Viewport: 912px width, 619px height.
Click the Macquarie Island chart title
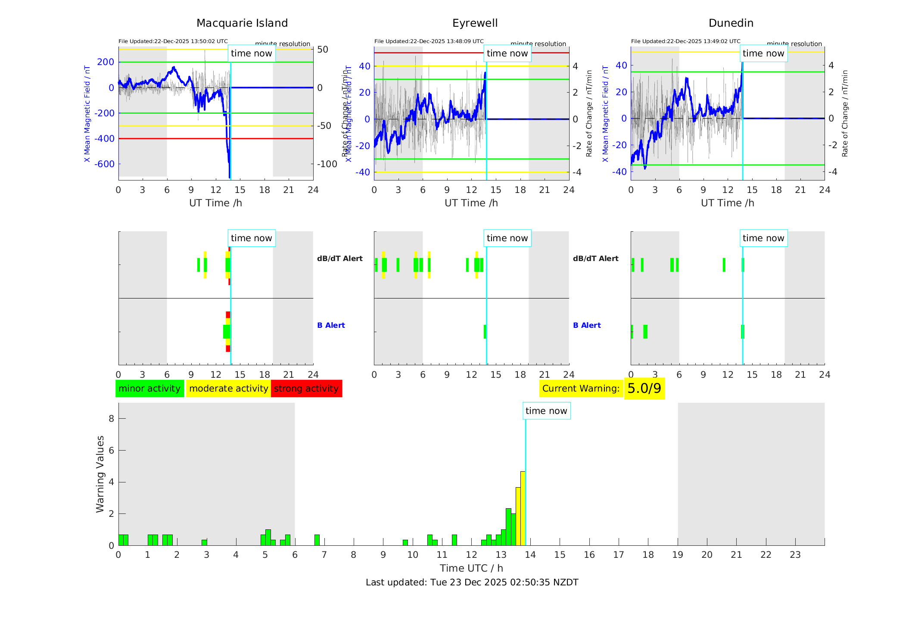click(x=242, y=23)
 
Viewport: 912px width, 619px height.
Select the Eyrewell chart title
click(x=475, y=23)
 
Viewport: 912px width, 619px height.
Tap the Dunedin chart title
click(x=731, y=23)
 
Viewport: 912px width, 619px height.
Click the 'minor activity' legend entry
click(x=149, y=389)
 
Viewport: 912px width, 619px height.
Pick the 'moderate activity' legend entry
click(x=228, y=389)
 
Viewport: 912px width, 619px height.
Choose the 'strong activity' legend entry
click(x=306, y=389)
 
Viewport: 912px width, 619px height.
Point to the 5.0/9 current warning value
click(x=644, y=389)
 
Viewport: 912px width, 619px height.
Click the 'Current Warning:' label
click(x=581, y=389)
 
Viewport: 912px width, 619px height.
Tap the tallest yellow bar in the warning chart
click(x=523, y=508)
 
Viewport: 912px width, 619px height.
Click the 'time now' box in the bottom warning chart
click(x=546, y=411)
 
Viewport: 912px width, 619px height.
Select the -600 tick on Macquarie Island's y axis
click(x=106, y=164)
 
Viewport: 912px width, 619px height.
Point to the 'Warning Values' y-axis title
click(x=100, y=474)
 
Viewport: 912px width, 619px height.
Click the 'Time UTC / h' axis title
click(x=471, y=568)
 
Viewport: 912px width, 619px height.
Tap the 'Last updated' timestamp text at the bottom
click(x=472, y=582)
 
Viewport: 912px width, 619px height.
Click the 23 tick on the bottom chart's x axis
click(x=795, y=555)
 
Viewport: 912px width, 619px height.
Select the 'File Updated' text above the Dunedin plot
click(x=685, y=41)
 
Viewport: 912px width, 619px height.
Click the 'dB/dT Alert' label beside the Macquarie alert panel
click(x=339, y=258)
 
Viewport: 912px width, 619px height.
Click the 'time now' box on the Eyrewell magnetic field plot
click(x=507, y=53)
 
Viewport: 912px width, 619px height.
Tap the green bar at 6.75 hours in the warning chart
click(x=317, y=540)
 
